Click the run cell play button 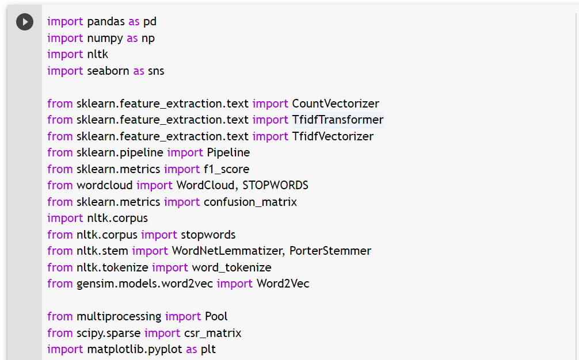coord(25,22)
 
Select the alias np coord(148,39)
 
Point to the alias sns coord(156,71)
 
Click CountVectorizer coord(336,104)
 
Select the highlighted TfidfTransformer coord(338,120)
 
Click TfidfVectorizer coord(333,136)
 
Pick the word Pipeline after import coord(228,153)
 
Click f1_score coord(226,169)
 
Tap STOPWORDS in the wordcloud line coord(275,185)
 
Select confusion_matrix coord(250,202)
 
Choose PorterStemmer coord(330,251)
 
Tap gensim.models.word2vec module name coord(144,284)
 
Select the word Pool coord(216,316)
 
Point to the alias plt coord(208,350)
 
